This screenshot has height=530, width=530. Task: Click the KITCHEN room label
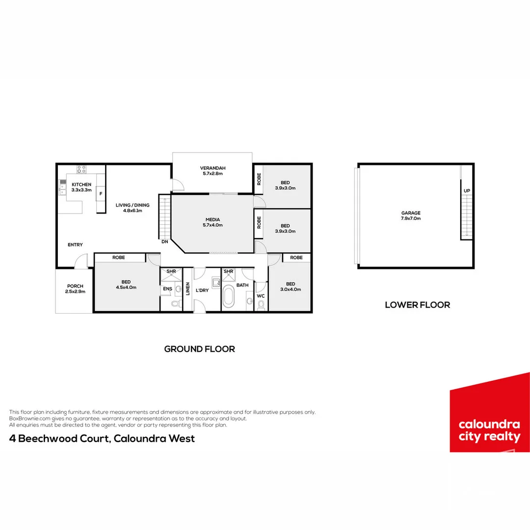pyautogui.click(x=81, y=185)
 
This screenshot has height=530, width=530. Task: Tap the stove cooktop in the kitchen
pyautogui.click(x=81, y=169)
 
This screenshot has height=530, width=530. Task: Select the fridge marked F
pyautogui.click(x=101, y=194)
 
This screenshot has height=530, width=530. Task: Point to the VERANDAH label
pyautogui.click(x=212, y=168)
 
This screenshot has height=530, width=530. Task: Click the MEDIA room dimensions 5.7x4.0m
pyautogui.click(x=212, y=225)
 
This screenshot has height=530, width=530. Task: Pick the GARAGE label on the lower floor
pyautogui.click(x=411, y=213)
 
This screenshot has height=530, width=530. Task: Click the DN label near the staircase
pyautogui.click(x=164, y=241)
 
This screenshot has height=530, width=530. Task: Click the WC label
pyautogui.click(x=261, y=296)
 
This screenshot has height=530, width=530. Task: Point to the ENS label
pyautogui.click(x=167, y=289)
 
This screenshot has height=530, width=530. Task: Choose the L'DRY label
pyautogui.click(x=202, y=291)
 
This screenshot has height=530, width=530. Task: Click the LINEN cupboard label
pyautogui.click(x=187, y=289)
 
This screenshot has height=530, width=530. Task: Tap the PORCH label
pyautogui.click(x=75, y=286)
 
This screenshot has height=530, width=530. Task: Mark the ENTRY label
pyautogui.click(x=75, y=245)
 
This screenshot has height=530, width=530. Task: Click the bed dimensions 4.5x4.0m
pyautogui.click(x=126, y=288)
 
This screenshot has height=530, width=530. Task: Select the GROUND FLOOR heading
pyautogui.click(x=199, y=349)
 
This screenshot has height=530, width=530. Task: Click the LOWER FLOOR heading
pyautogui.click(x=417, y=305)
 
